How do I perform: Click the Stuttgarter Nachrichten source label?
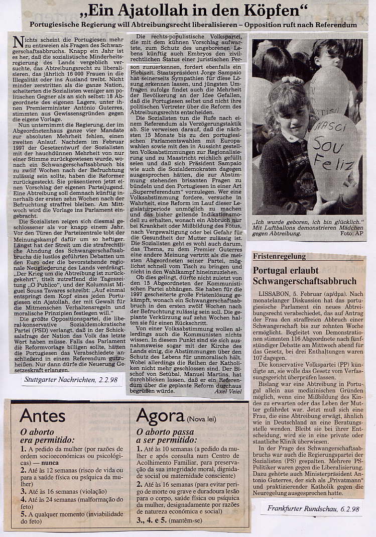tap(73, 379)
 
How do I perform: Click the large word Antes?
tap(43, 416)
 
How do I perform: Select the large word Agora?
tap(160, 416)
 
